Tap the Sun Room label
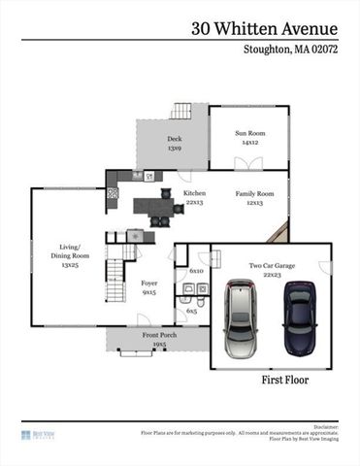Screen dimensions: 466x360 click(x=249, y=137)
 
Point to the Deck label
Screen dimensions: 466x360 click(x=174, y=144)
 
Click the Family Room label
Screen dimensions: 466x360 click(x=255, y=198)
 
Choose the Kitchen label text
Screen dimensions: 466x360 click(x=194, y=198)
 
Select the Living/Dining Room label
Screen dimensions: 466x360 click(x=69, y=254)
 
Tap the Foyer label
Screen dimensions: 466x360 click(x=149, y=287)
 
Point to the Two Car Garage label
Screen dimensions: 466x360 click(x=272, y=268)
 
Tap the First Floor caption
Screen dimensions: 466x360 click(x=284, y=380)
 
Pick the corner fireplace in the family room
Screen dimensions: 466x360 click(x=279, y=232)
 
